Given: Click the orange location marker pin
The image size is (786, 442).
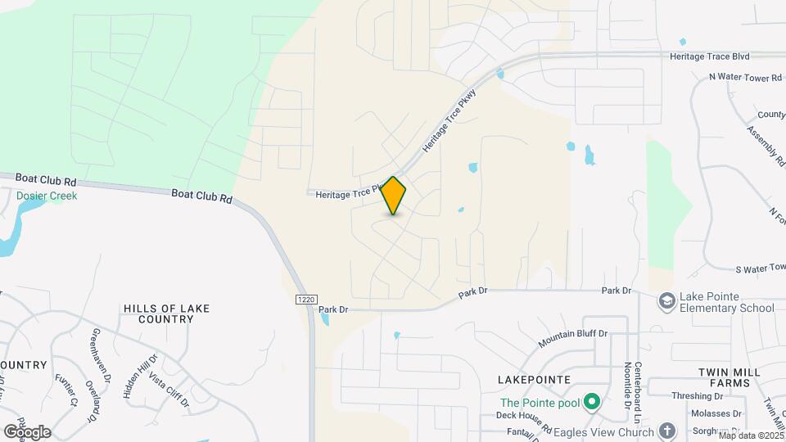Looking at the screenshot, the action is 394,196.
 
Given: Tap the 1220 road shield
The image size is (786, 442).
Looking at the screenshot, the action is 305,300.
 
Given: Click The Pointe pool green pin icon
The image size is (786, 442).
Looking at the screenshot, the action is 592,402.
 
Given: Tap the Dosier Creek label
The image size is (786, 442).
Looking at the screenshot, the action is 47,196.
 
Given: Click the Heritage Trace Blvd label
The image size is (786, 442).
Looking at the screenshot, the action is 709,56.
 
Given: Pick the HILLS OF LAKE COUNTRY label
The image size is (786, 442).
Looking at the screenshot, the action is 166,314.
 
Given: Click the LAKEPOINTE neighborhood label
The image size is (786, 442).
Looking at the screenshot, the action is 533,381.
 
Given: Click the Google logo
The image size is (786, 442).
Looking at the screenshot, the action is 27,431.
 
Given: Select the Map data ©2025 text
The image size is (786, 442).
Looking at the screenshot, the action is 751,435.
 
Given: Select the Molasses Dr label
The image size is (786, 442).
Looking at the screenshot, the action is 716,413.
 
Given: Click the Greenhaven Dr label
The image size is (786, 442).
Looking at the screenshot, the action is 100,354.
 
